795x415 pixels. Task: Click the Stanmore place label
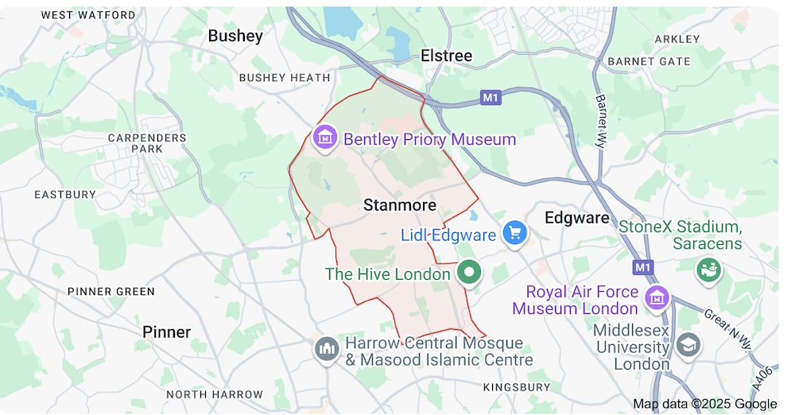click(x=400, y=205)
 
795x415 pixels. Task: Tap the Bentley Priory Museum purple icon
click(x=324, y=138)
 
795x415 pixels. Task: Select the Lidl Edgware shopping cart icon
click(x=515, y=234)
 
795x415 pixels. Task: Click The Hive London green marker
click(x=470, y=273)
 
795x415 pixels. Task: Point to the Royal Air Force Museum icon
click(x=657, y=299)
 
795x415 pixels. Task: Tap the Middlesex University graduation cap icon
click(x=688, y=345)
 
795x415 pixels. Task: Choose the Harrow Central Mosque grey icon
click(x=326, y=348)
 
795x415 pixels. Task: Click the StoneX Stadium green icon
click(x=708, y=269)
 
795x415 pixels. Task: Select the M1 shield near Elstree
click(x=491, y=98)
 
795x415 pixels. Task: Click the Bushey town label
click(x=235, y=36)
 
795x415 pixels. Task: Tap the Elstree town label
click(x=446, y=56)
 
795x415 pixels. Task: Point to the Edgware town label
click(x=576, y=218)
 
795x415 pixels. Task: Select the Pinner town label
click(x=167, y=332)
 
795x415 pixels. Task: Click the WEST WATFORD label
click(x=88, y=15)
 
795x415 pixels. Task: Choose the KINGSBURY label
click(x=517, y=387)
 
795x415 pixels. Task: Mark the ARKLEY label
click(x=677, y=39)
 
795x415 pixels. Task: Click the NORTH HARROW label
click(x=215, y=394)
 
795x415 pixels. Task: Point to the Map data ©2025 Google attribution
click(x=704, y=404)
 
